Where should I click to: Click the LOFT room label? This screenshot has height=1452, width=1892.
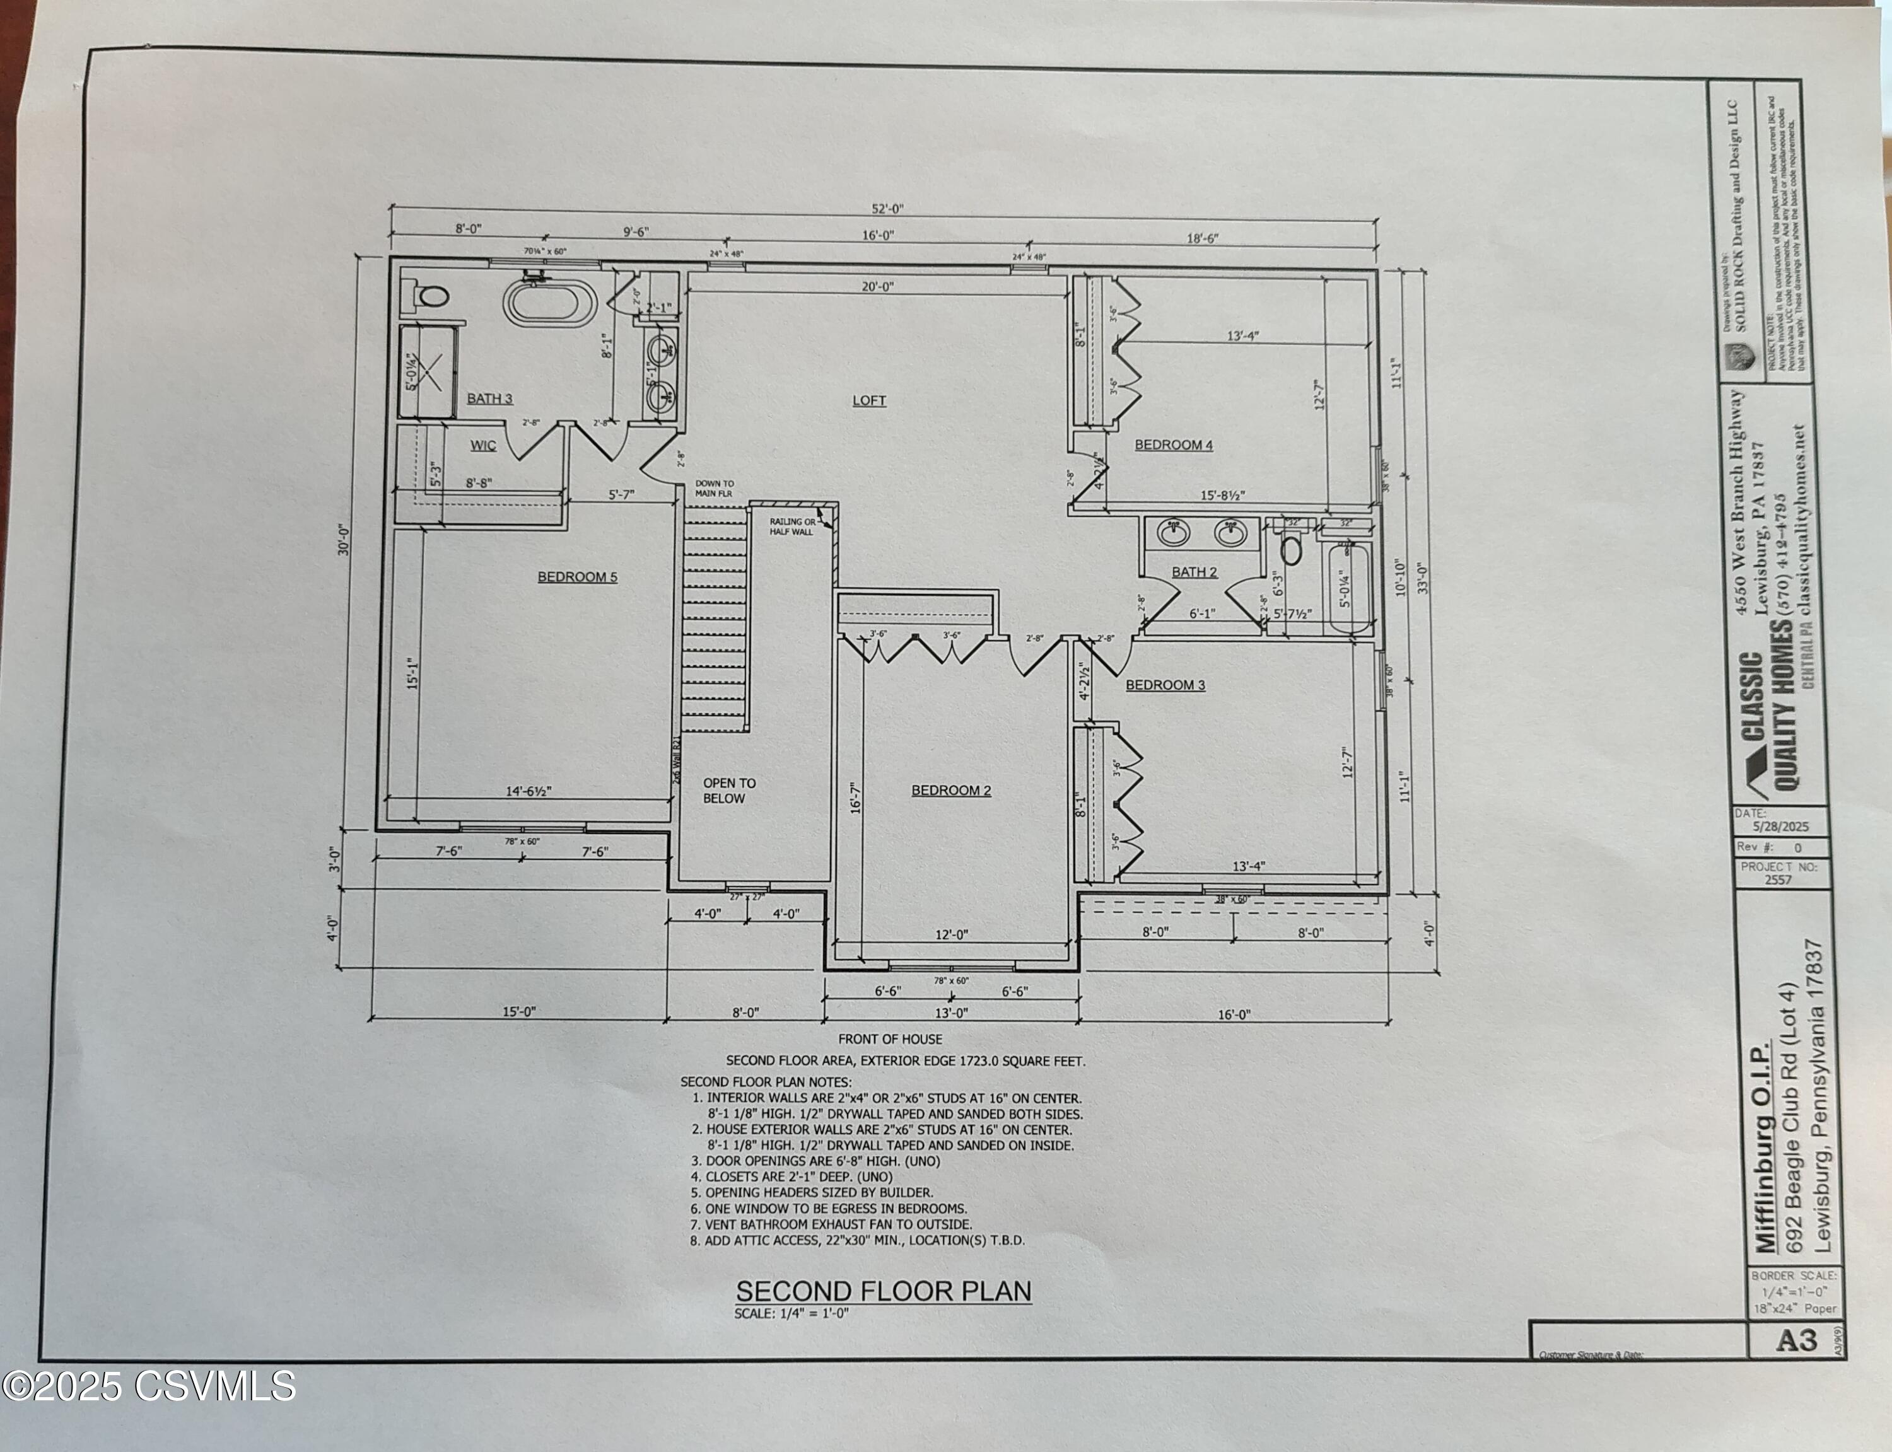(x=868, y=400)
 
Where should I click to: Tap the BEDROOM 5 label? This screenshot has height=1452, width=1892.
(x=577, y=576)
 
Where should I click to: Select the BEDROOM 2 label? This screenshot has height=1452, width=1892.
(x=951, y=790)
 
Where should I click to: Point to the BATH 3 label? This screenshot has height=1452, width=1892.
(x=489, y=398)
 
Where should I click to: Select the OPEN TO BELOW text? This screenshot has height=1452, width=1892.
(x=728, y=791)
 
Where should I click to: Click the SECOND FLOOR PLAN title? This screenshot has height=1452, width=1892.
(x=882, y=1291)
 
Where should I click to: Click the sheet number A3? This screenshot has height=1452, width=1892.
(x=1797, y=1340)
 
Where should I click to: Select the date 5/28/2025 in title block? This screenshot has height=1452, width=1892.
(x=1780, y=827)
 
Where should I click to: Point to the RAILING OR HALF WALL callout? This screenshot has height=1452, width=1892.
(x=791, y=526)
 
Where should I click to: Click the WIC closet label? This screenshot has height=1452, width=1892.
(x=483, y=445)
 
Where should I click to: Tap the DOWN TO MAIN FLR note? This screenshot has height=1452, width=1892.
(x=714, y=489)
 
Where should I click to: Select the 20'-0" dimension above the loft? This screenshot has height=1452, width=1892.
(x=877, y=287)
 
